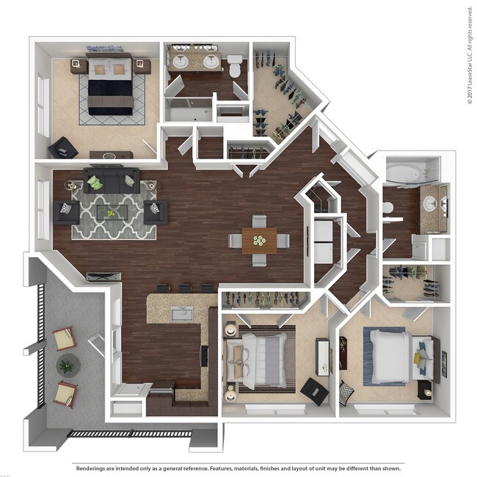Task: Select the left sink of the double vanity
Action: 181,62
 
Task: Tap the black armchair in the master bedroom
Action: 62,149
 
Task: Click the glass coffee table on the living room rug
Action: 112,213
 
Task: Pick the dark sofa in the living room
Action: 112,179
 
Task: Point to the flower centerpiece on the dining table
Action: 258,239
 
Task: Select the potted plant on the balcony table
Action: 68,365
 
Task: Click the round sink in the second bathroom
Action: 428,203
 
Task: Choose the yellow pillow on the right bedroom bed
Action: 418,357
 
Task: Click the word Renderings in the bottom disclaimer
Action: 95,467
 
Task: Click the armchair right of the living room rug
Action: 156,212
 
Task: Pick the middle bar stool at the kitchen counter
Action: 186,288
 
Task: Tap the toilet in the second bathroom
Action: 387,208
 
